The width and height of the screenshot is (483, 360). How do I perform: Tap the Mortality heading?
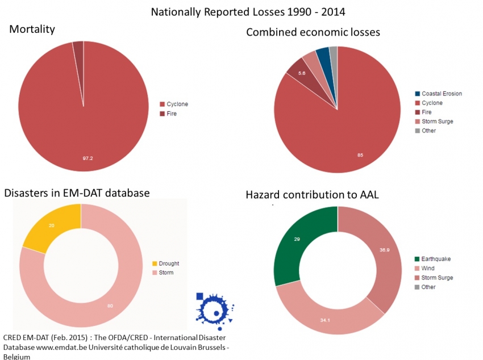click(32, 29)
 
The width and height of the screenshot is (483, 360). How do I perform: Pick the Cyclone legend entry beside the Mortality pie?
click(177, 104)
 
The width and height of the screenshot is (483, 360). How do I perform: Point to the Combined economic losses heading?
click(313, 32)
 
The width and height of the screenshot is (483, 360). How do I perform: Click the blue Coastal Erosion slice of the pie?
click(323, 56)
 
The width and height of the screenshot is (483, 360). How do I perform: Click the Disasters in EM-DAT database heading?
click(77, 193)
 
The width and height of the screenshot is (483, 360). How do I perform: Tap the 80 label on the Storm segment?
click(109, 306)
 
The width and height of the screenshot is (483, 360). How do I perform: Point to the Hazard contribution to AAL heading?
click(312, 195)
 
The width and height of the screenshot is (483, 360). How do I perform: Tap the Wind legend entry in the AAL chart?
click(428, 268)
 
